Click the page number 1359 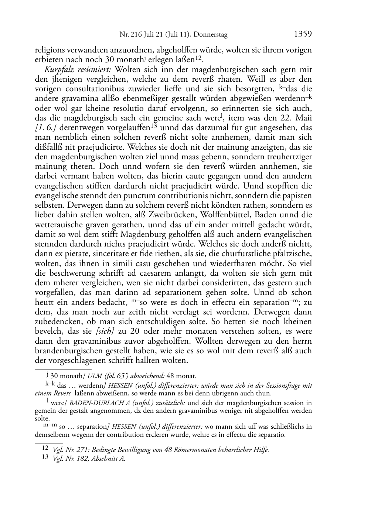[x=303, y=34]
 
